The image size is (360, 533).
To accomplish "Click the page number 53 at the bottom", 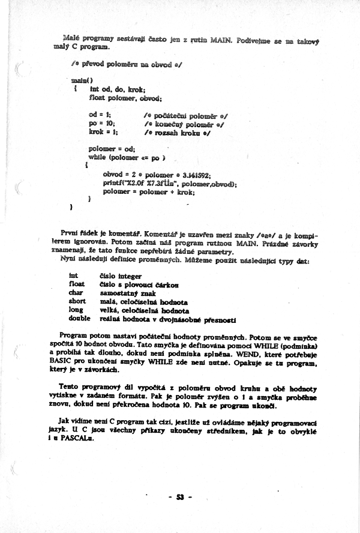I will (x=179, y=497).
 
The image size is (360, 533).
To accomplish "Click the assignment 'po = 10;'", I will (x=101, y=122).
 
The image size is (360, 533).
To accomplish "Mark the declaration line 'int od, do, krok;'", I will (x=121, y=89).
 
